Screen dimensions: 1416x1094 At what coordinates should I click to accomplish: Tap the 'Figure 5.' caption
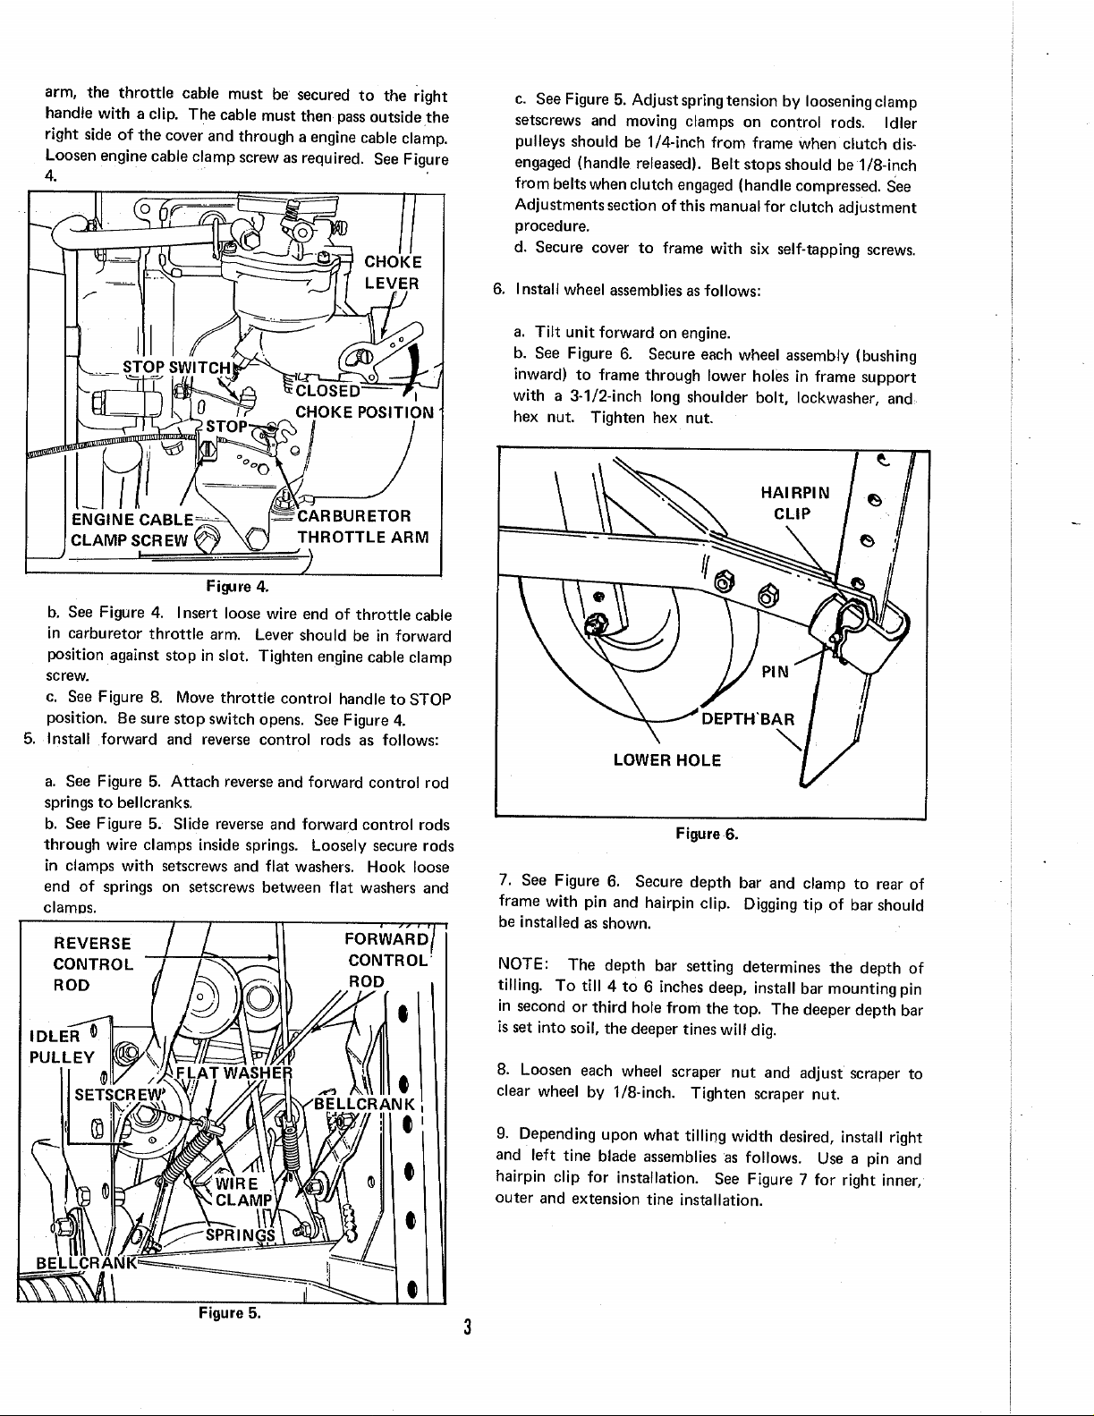coord(229,1313)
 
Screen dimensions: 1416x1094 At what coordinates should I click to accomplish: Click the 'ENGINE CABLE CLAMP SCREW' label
coord(131,528)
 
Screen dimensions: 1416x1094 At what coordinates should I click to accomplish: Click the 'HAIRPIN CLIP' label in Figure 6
coord(794,503)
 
